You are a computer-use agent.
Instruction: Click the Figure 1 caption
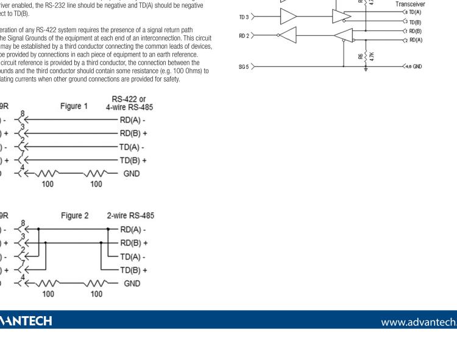[x=74, y=106]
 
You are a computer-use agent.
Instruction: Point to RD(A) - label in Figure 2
[x=134, y=229]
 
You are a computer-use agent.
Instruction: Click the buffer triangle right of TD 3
[x=289, y=17]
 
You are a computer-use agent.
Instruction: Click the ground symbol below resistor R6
[x=364, y=69]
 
